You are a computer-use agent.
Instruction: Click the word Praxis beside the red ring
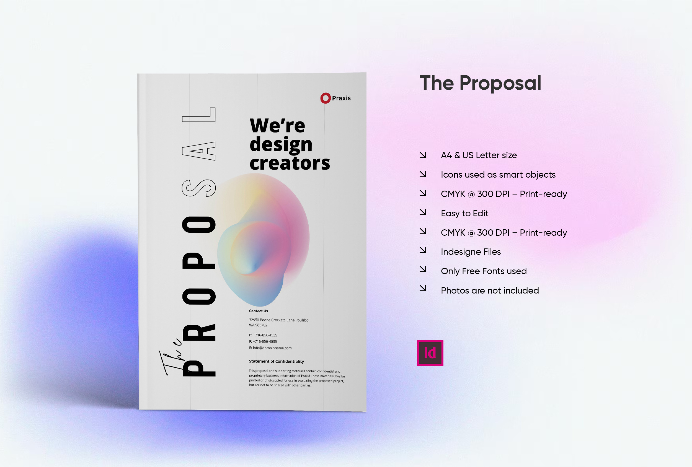341,98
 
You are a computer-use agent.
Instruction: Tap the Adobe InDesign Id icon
430,353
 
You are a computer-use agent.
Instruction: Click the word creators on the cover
290,163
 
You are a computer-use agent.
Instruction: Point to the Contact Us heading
259,311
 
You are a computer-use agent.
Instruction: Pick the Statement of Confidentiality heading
276,361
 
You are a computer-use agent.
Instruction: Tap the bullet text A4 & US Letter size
479,155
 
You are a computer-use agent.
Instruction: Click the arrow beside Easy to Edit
423,212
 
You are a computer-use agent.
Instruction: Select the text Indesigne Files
471,252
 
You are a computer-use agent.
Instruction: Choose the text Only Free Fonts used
484,271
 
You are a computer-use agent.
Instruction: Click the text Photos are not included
490,290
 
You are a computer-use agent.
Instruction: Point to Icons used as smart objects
498,175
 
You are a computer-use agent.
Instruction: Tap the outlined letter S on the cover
199,188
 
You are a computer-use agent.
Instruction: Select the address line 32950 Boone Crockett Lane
279,320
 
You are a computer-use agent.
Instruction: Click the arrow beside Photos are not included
423,288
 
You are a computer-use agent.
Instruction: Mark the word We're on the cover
277,126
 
